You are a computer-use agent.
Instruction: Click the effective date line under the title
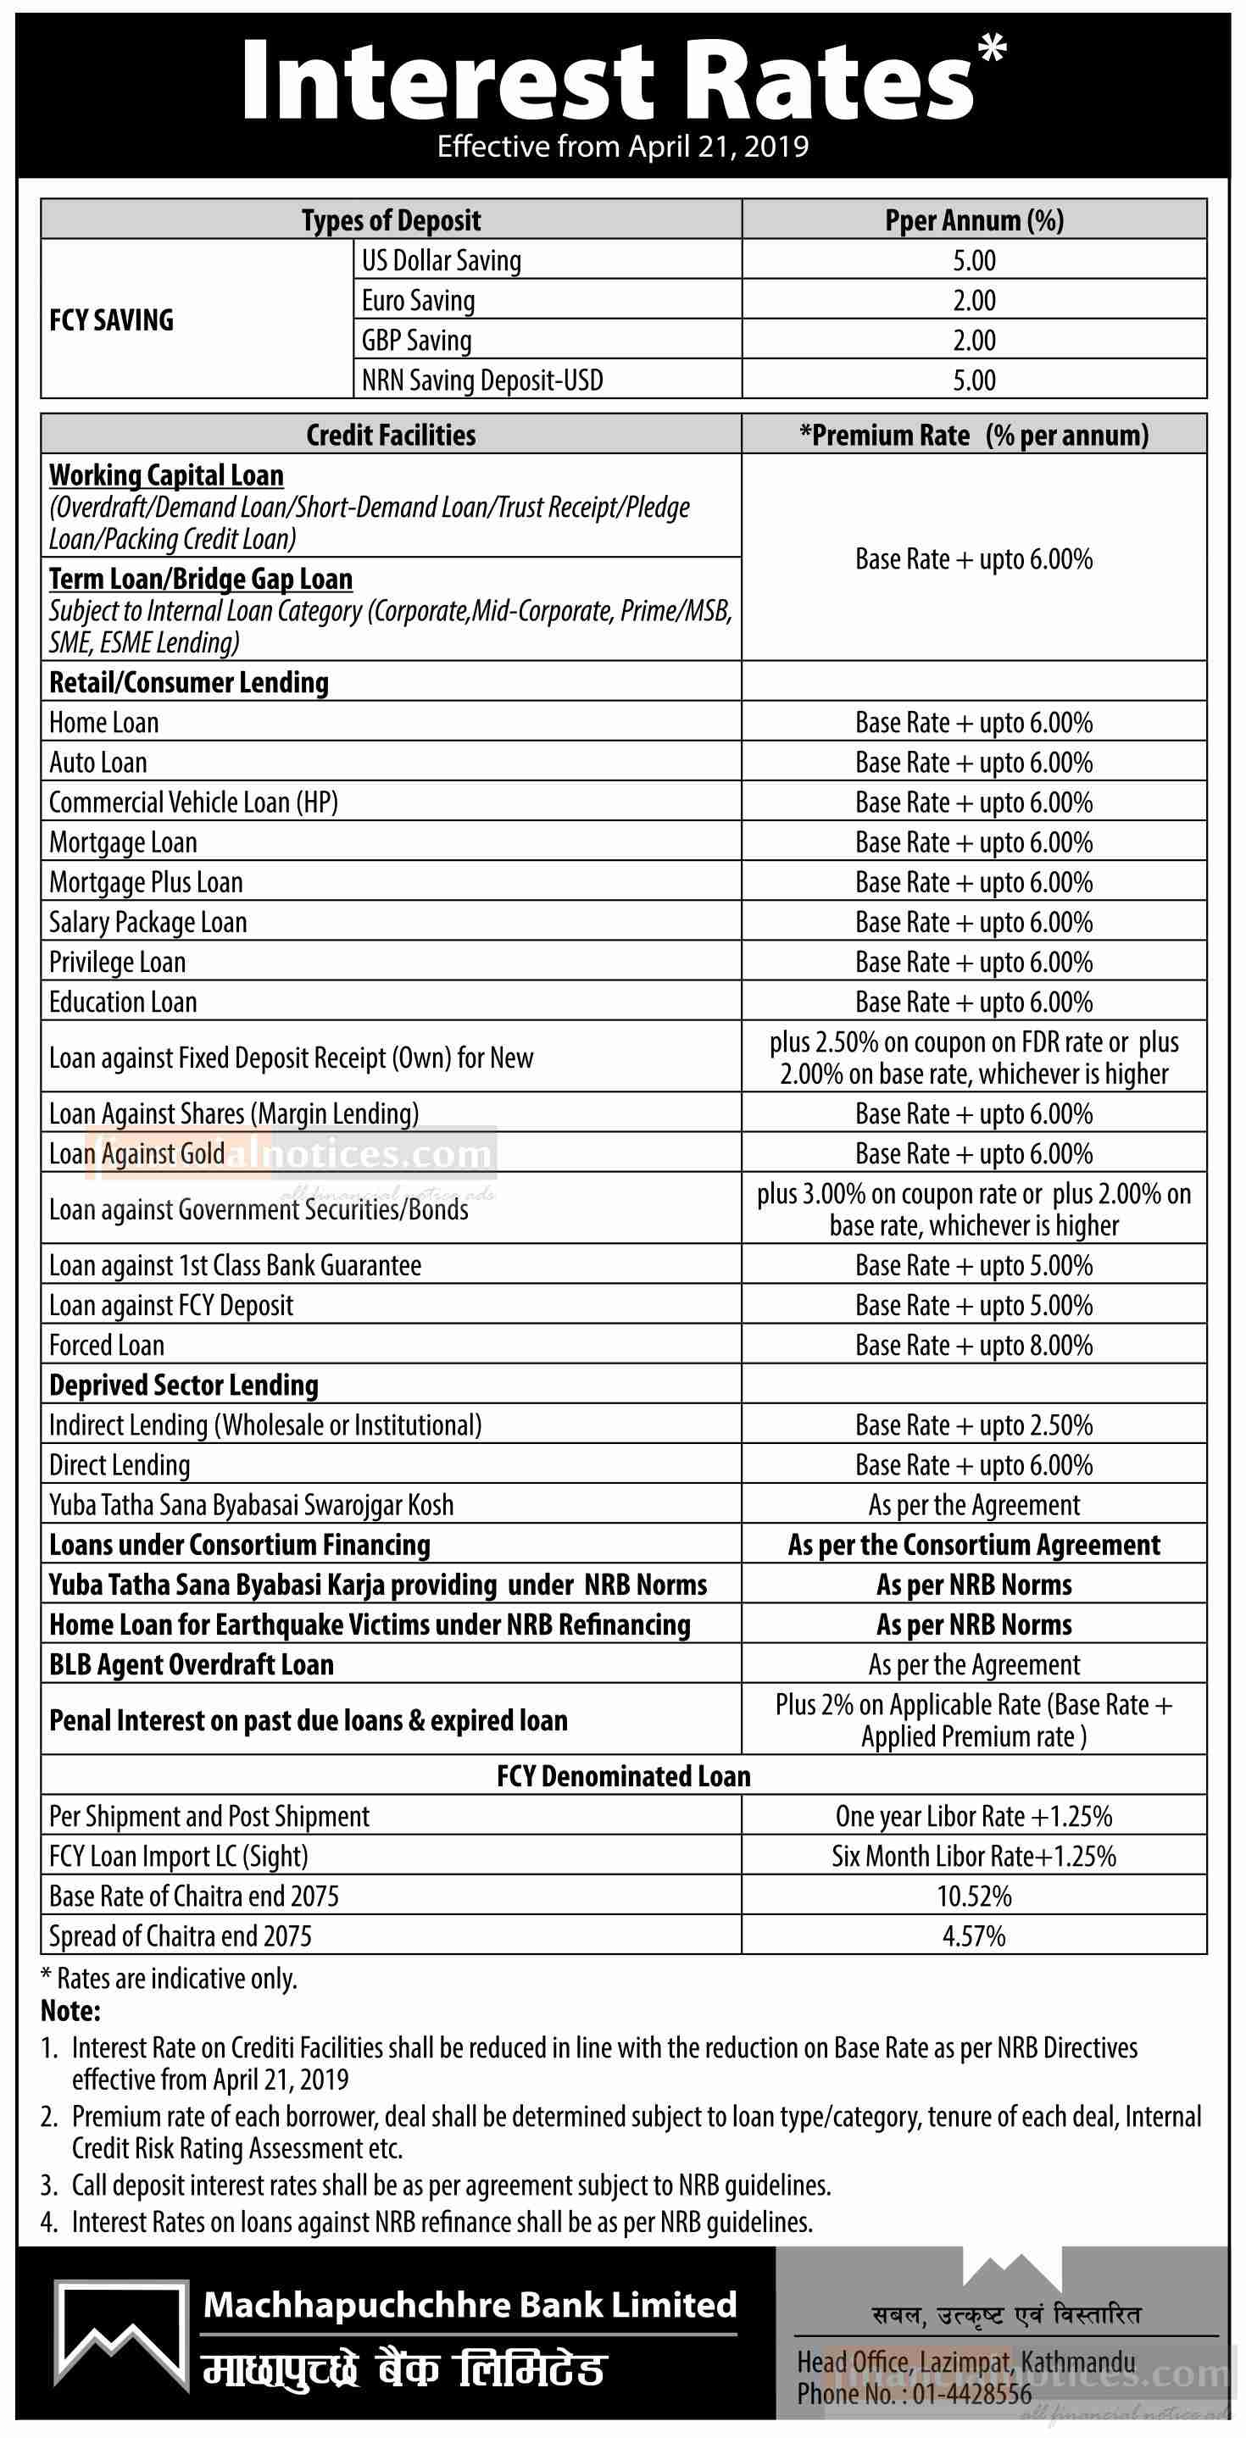(x=623, y=147)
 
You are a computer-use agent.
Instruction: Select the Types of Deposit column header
(x=391, y=220)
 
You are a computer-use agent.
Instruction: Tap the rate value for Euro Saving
(x=973, y=301)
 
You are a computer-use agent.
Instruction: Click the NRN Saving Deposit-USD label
(x=482, y=380)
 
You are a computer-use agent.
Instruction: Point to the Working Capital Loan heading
(x=167, y=475)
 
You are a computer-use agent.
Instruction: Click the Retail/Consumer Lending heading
(x=189, y=682)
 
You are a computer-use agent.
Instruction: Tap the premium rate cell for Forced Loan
(x=973, y=1345)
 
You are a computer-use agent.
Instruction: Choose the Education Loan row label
(x=123, y=1002)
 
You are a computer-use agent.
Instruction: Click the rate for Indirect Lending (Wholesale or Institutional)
(x=973, y=1425)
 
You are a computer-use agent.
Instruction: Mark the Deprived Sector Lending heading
(x=184, y=1386)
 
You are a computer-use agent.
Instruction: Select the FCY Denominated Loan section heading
(x=623, y=1776)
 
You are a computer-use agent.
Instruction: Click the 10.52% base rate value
(x=973, y=1897)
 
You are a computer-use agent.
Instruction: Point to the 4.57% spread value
(x=973, y=1936)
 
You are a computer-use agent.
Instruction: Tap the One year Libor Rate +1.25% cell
(x=973, y=1816)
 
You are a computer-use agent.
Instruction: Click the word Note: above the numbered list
(x=70, y=2010)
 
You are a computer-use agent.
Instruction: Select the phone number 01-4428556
(x=971, y=2394)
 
